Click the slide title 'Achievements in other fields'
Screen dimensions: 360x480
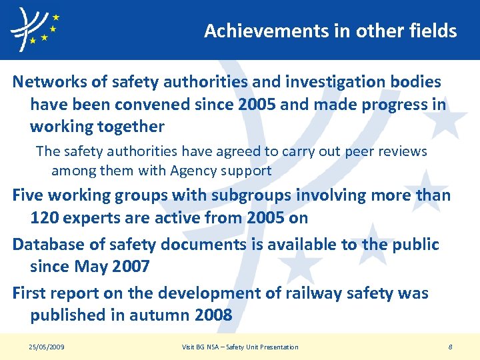(x=330, y=31)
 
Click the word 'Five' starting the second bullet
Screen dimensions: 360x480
(x=27, y=195)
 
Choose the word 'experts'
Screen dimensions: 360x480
(x=90, y=217)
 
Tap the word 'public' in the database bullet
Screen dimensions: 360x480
(x=414, y=245)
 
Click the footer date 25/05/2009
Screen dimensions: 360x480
(x=47, y=347)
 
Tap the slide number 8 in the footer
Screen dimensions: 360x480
(x=450, y=347)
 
